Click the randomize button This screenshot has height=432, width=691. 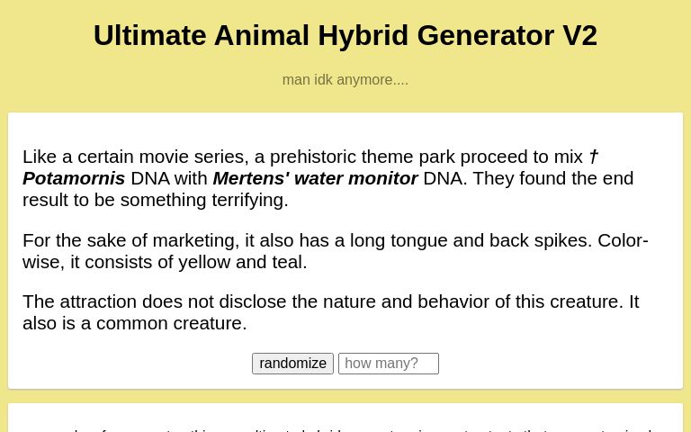292,364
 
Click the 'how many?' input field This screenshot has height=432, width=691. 388,364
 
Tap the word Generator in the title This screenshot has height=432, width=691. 486,35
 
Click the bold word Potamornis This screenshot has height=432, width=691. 74,178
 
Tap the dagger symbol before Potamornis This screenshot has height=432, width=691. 594,157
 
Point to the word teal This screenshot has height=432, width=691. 286,262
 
